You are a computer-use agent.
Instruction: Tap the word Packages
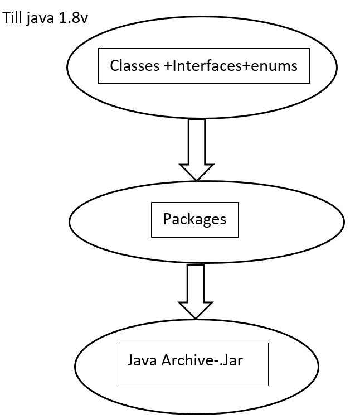click(x=194, y=219)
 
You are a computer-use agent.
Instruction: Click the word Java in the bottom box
click(x=142, y=360)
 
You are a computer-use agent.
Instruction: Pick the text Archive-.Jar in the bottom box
click(x=202, y=360)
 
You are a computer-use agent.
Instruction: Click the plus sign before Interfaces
click(x=168, y=66)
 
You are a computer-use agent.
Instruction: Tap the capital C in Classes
click(x=114, y=66)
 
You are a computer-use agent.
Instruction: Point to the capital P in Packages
click(x=167, y=219)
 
